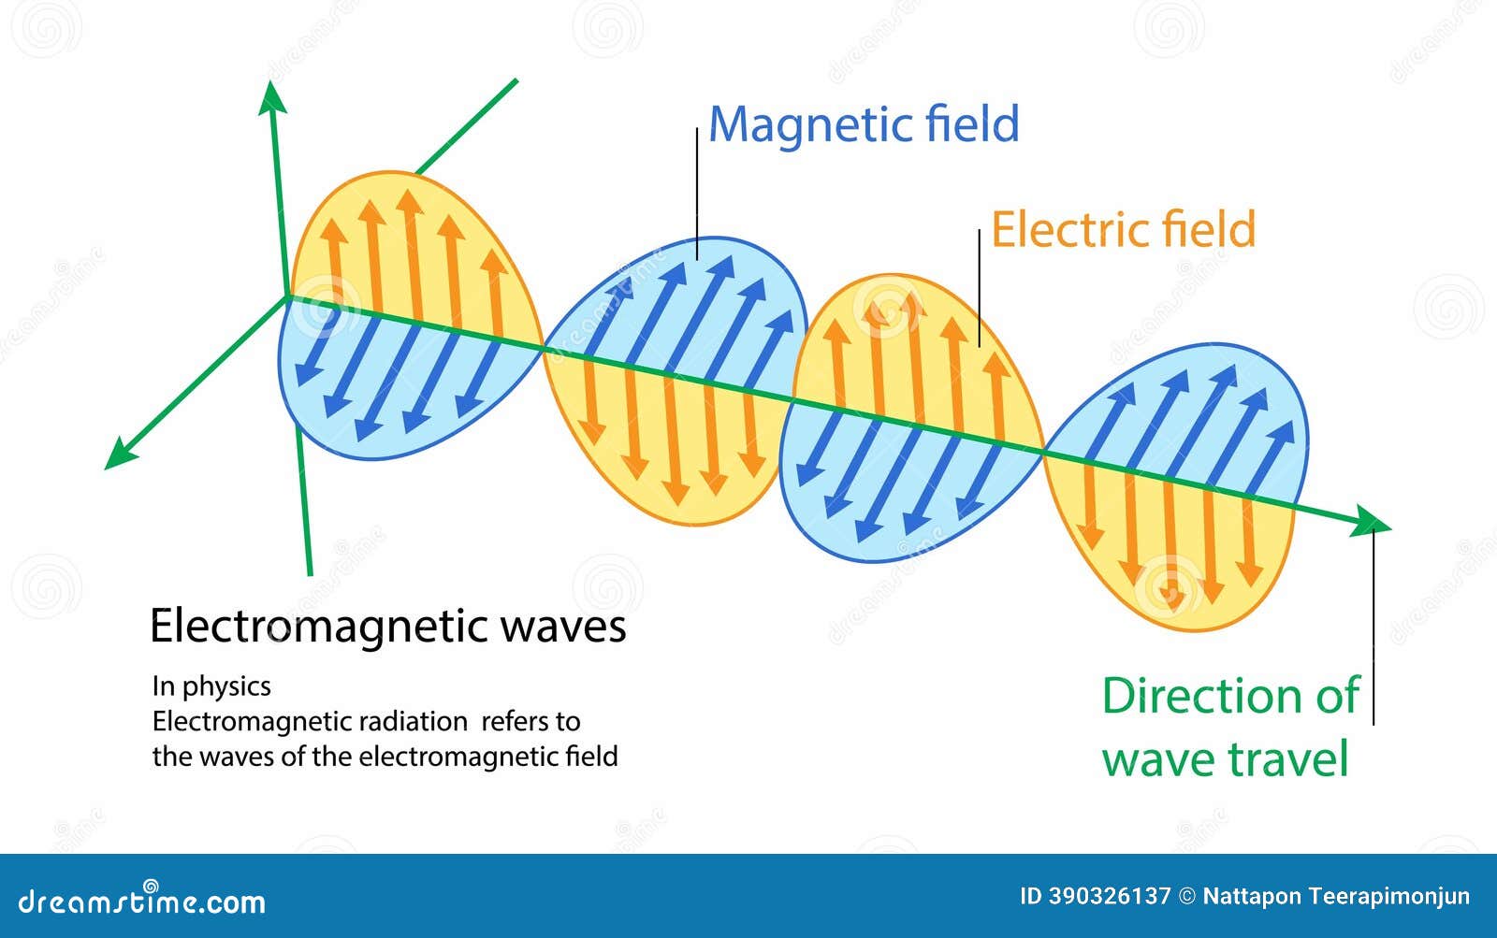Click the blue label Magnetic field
point(863,125)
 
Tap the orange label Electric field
point(1123,230)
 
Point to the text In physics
point(211,686)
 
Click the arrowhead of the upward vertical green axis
point(272,96)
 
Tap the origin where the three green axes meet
point(286,297)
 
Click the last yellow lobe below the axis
point(1170,552)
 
